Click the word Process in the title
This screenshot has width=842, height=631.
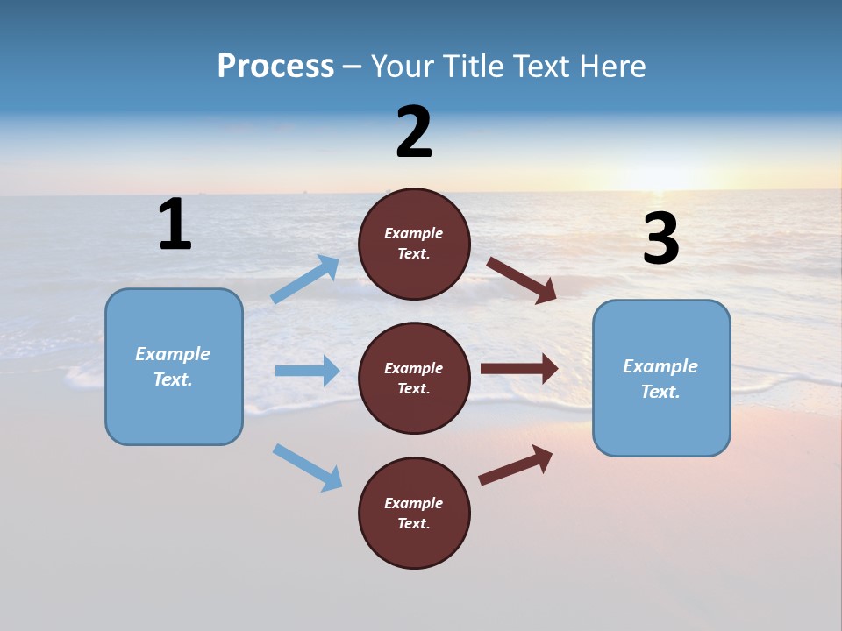click(275, 66)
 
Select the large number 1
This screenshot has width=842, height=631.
click(175, 224)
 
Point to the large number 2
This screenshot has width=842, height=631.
click(414, 133)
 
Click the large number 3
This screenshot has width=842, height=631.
click(660, 239)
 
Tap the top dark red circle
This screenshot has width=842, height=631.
click(415, 244)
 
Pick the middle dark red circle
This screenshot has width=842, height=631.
click(415, 379)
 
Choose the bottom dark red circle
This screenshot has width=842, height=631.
click(415, 514)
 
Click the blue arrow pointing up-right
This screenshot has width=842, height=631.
click(305, 280)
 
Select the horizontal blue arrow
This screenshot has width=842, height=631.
click(307, 371)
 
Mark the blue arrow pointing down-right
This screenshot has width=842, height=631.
click(307, 467)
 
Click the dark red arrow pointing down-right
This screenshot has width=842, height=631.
click(521, 280)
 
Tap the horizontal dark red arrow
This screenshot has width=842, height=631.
click(519, 368)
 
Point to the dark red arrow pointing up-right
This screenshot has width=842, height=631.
click(516, 464)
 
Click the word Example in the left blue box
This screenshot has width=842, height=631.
click(173, 354)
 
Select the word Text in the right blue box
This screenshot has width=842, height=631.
click(660, 392)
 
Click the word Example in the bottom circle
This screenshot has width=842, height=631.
click(414, 503)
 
